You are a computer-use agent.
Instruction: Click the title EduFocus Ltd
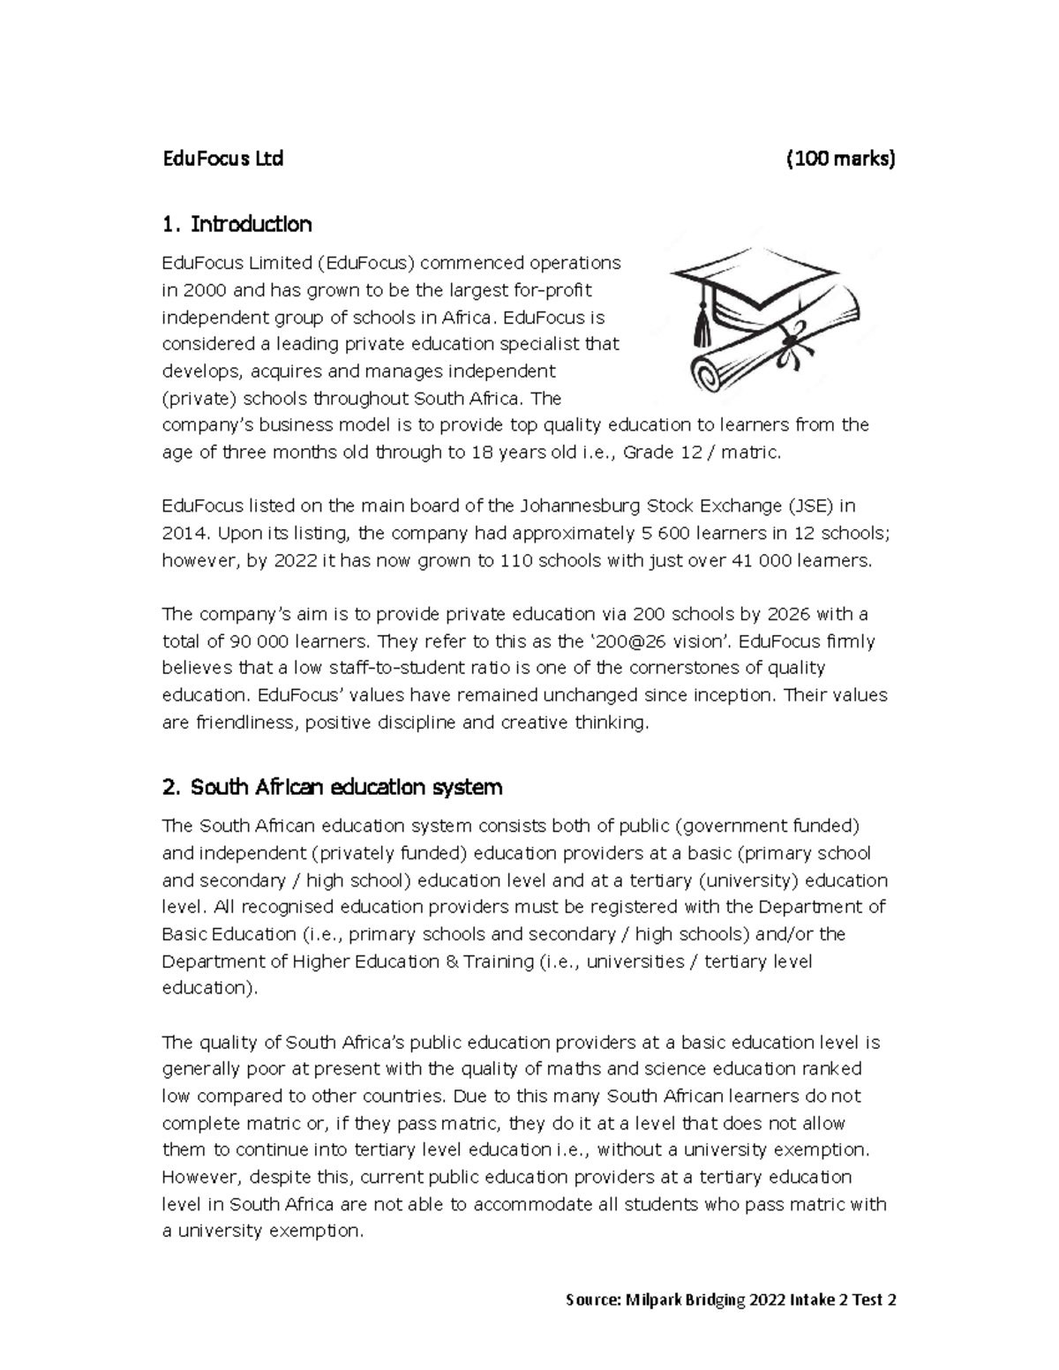[222, 160]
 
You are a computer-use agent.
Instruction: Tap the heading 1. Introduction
[237, 224]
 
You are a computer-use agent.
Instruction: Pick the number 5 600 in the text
[663, 534]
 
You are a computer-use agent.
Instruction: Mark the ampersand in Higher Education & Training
[452, 962]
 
